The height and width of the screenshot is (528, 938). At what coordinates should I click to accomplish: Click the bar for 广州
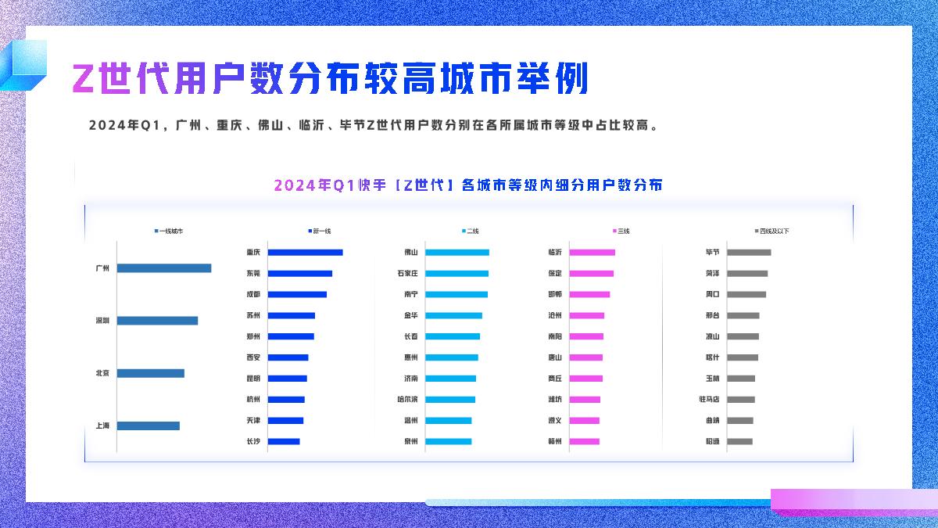point(164,268)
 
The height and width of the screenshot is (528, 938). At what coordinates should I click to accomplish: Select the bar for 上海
point(149,426)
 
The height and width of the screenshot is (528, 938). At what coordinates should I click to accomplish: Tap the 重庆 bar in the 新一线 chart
point(305,253)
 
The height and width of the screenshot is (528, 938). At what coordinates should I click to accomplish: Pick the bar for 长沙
point(284,441)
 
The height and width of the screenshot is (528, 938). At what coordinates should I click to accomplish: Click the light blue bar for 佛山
point(457,253)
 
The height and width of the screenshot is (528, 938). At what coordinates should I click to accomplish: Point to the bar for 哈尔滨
point(450,400)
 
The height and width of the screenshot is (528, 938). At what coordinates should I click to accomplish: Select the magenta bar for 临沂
point(592,253)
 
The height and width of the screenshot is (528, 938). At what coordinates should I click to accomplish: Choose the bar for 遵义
point(584,421)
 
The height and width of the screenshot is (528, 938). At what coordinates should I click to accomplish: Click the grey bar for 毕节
point(749,253)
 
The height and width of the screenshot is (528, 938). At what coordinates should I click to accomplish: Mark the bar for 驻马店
point(741,400)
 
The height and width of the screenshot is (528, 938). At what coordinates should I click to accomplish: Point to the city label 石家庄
point(408,274)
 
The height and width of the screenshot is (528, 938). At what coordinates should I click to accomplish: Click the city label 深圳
point(102,321)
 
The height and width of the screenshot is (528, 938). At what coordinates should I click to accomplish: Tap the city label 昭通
point(712,442)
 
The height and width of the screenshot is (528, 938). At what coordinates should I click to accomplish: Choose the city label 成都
point(253,294)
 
